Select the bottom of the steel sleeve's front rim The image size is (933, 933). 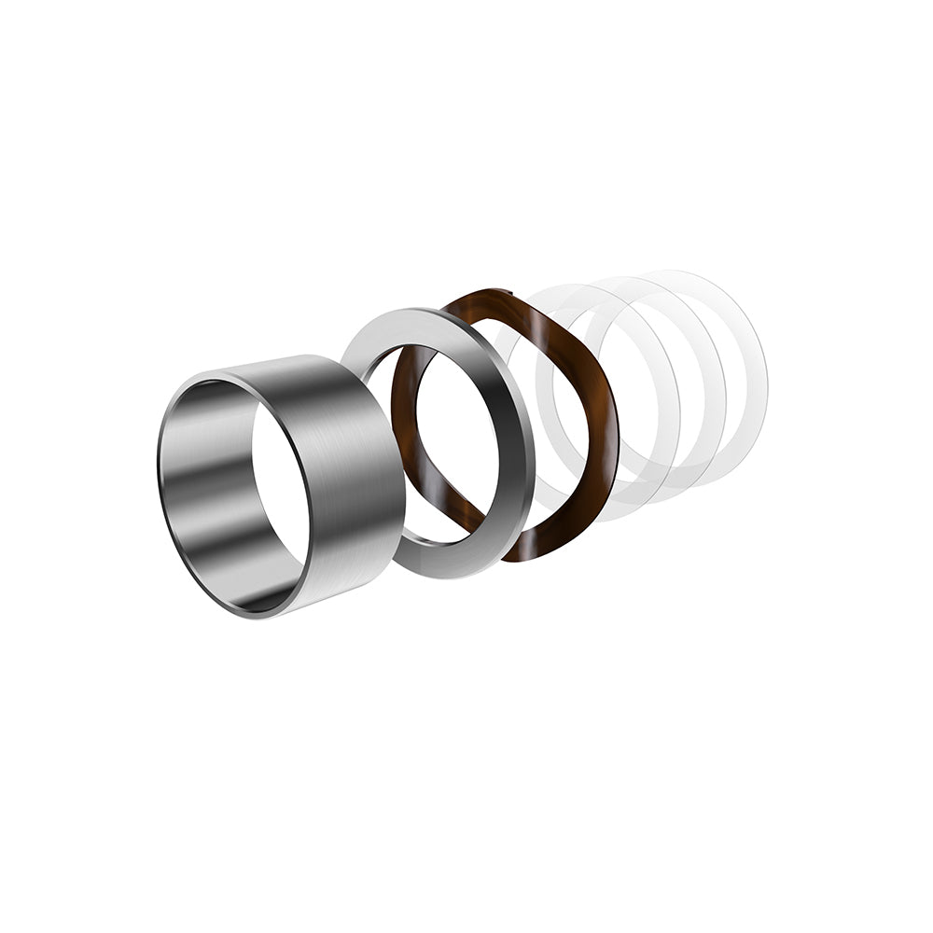pyautogui.click(x=257, y=615)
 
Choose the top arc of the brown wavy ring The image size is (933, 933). pyautogui.click(x=522, y=303)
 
